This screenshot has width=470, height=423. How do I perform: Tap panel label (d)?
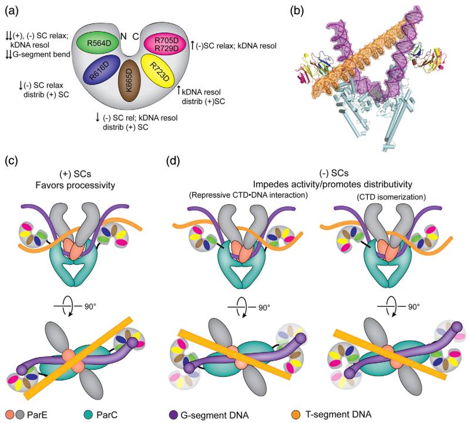point(166,159)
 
